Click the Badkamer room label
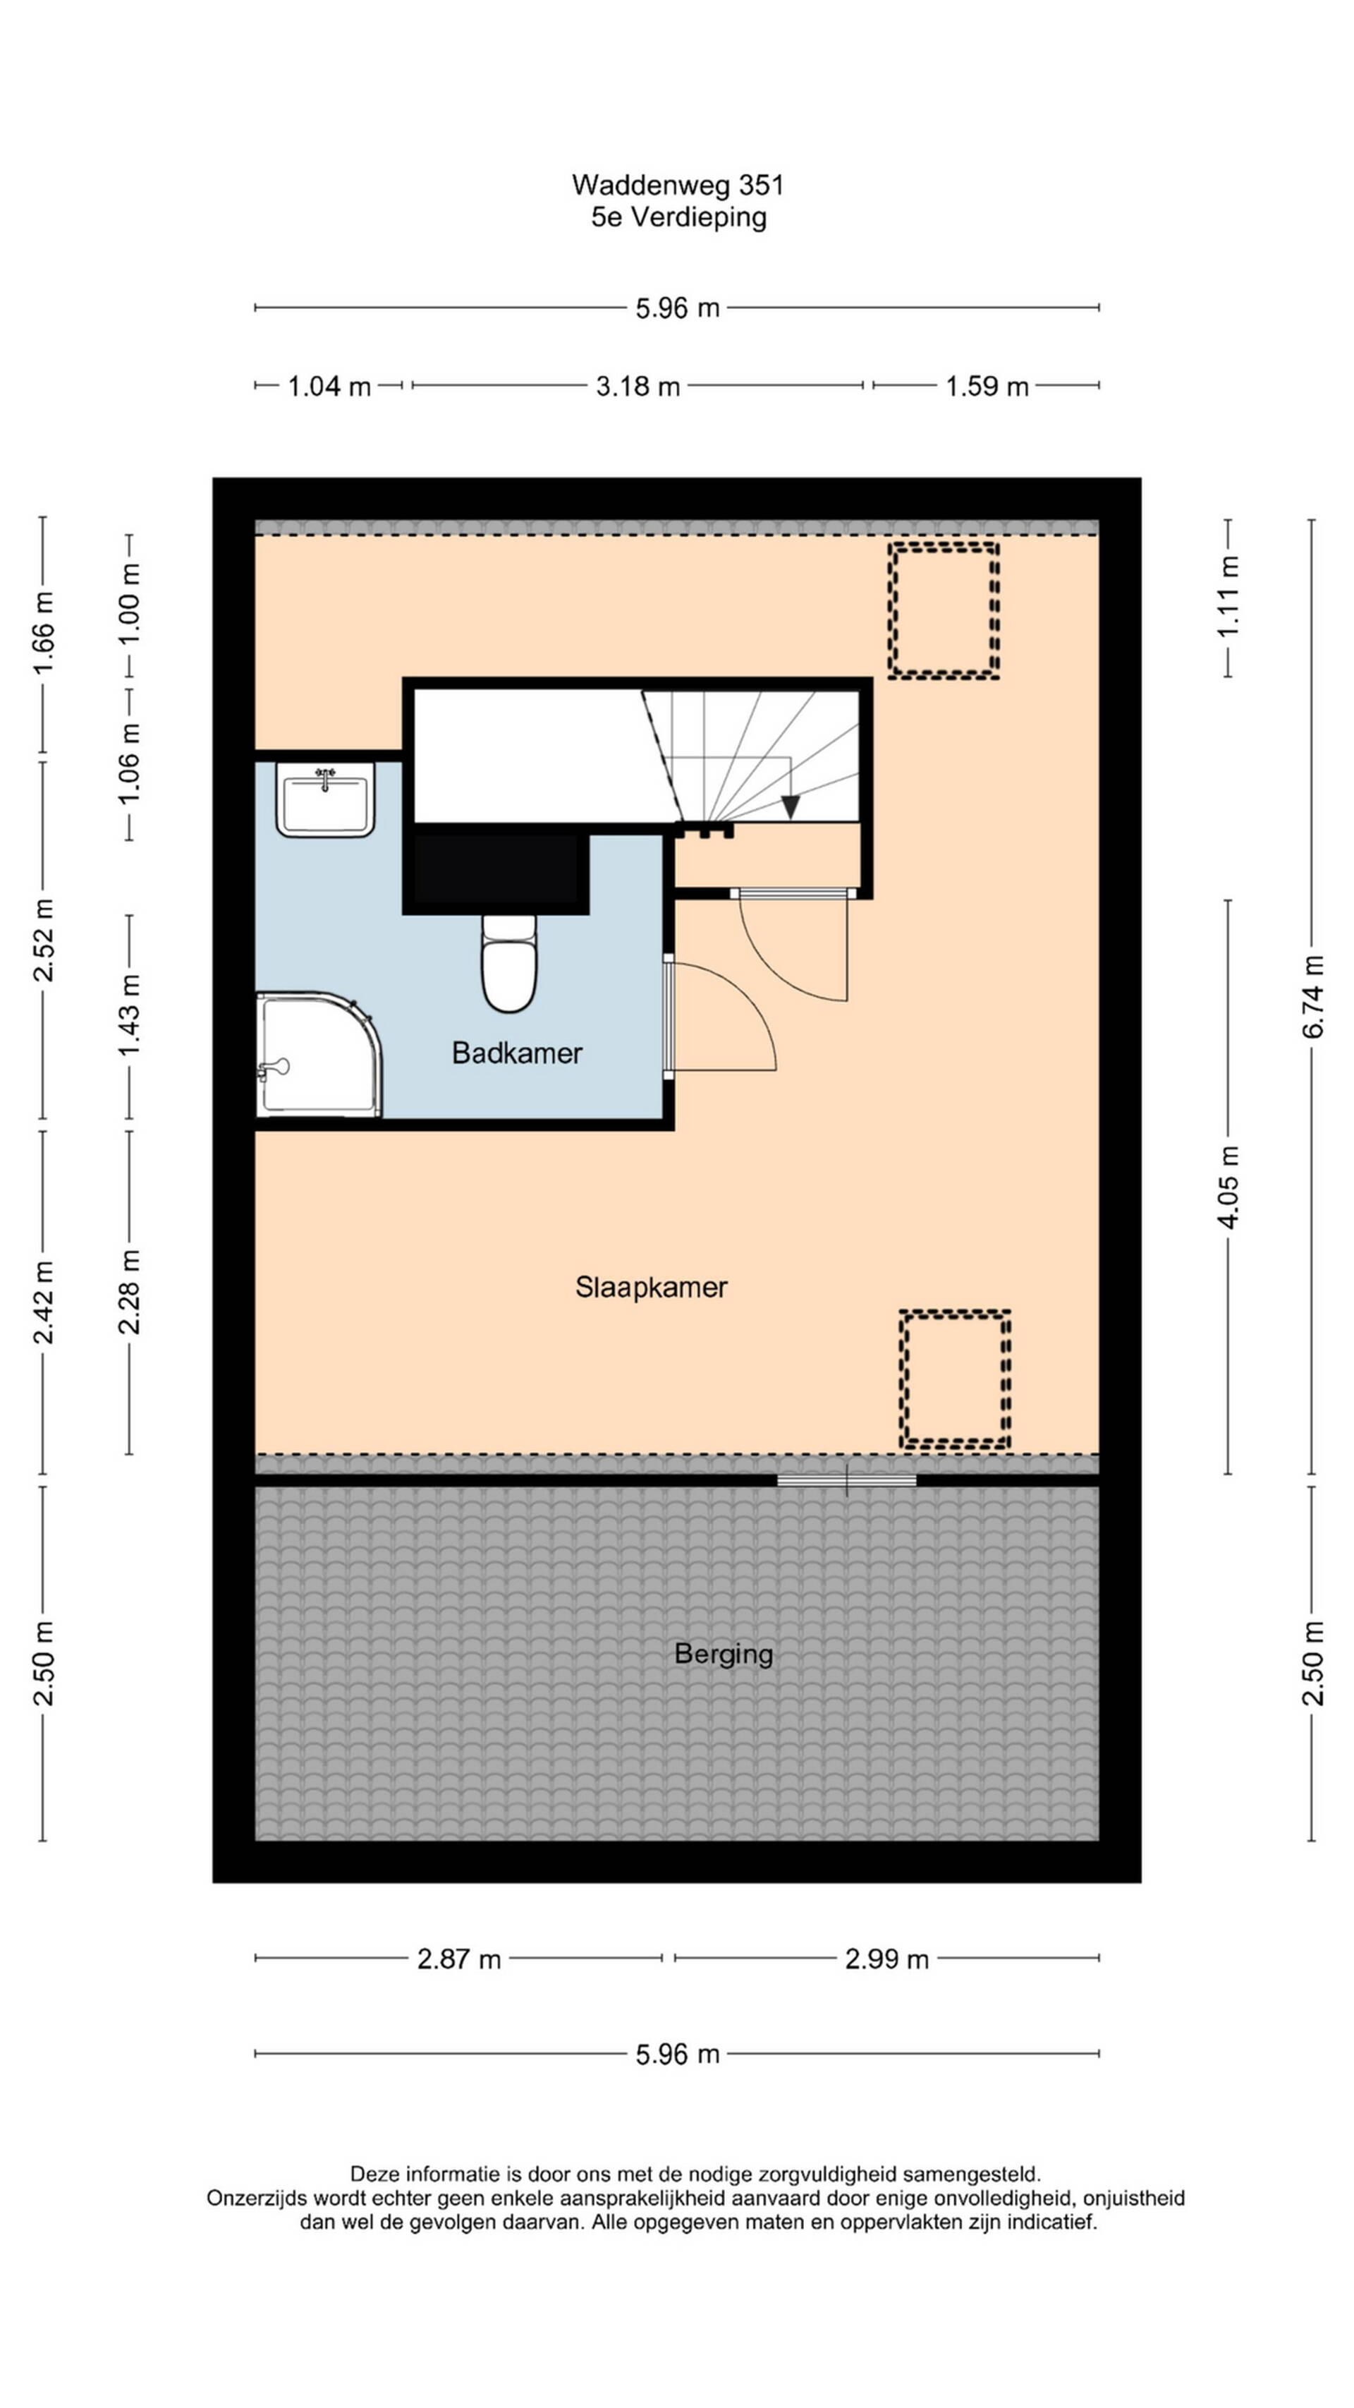pyautogui.click(x=517, y=1053)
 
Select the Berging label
pyautogui.click(x=724, y=1654)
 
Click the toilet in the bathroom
pyautogui.click(x=509, y=963)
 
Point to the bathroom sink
pyautogui.click(x=324, y=799)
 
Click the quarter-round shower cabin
pyautogui.click(x=319, y=1055)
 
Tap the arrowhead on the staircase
pyautogui.click(x=791, y=806)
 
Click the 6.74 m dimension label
pyautogui.click(x=1313, y=996)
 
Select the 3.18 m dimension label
pyautogui.click(x=638, y=386)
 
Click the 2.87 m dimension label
pyautogui.click(x=459, y=1959)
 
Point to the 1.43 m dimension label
pyautogui.click(x=129, y=1015)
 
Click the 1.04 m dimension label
pyautogui.click(x=329, y=386)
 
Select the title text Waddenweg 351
pyautogui.click(x=678, y=185)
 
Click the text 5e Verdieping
pyautogui.click(x=678, y=217)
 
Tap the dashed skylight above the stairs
pyautogui.click(x=943, y=610)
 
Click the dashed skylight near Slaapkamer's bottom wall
pyautogui.click(x=955, y=1380)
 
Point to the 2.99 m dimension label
pyautogui.click(x=886, y=1959)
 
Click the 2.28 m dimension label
pyautogui.click(x=129, y=1291)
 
